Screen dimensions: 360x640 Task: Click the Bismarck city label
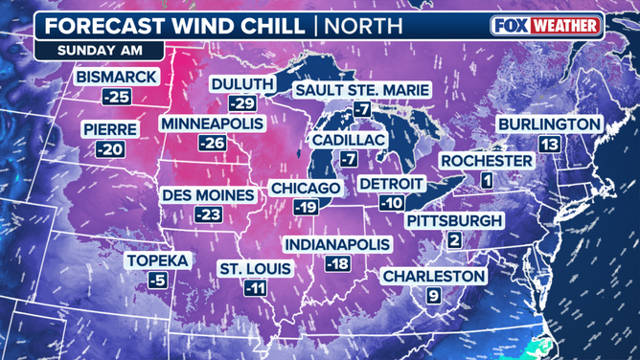117,76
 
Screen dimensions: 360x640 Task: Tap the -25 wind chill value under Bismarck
117,96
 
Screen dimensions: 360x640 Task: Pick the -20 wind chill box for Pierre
110,149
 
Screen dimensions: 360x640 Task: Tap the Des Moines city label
209,195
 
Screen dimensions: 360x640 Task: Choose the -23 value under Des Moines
208,215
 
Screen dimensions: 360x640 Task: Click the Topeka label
157,260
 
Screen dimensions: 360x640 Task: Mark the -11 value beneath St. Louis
254,288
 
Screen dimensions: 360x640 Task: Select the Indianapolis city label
337,243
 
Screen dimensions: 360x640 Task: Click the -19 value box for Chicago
307,207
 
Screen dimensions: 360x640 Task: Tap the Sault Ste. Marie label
361,90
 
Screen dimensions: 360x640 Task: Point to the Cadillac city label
348,140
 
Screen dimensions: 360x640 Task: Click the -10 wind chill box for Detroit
390,203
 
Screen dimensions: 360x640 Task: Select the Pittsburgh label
453,220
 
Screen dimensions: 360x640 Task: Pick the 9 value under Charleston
433,296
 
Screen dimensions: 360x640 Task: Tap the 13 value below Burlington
548,144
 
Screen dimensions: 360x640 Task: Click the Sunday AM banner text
92,48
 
